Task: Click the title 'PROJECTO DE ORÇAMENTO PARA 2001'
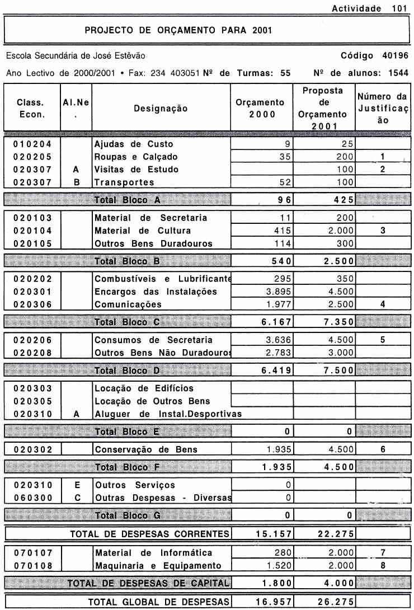click(178, 30)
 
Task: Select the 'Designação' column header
click(161, 109)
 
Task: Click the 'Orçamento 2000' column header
click(261, 109)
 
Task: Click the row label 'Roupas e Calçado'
click(136, 157)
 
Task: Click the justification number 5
click(383, 340)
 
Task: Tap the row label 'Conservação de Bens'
click(146, 449)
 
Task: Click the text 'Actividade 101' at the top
click(369, 8)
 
